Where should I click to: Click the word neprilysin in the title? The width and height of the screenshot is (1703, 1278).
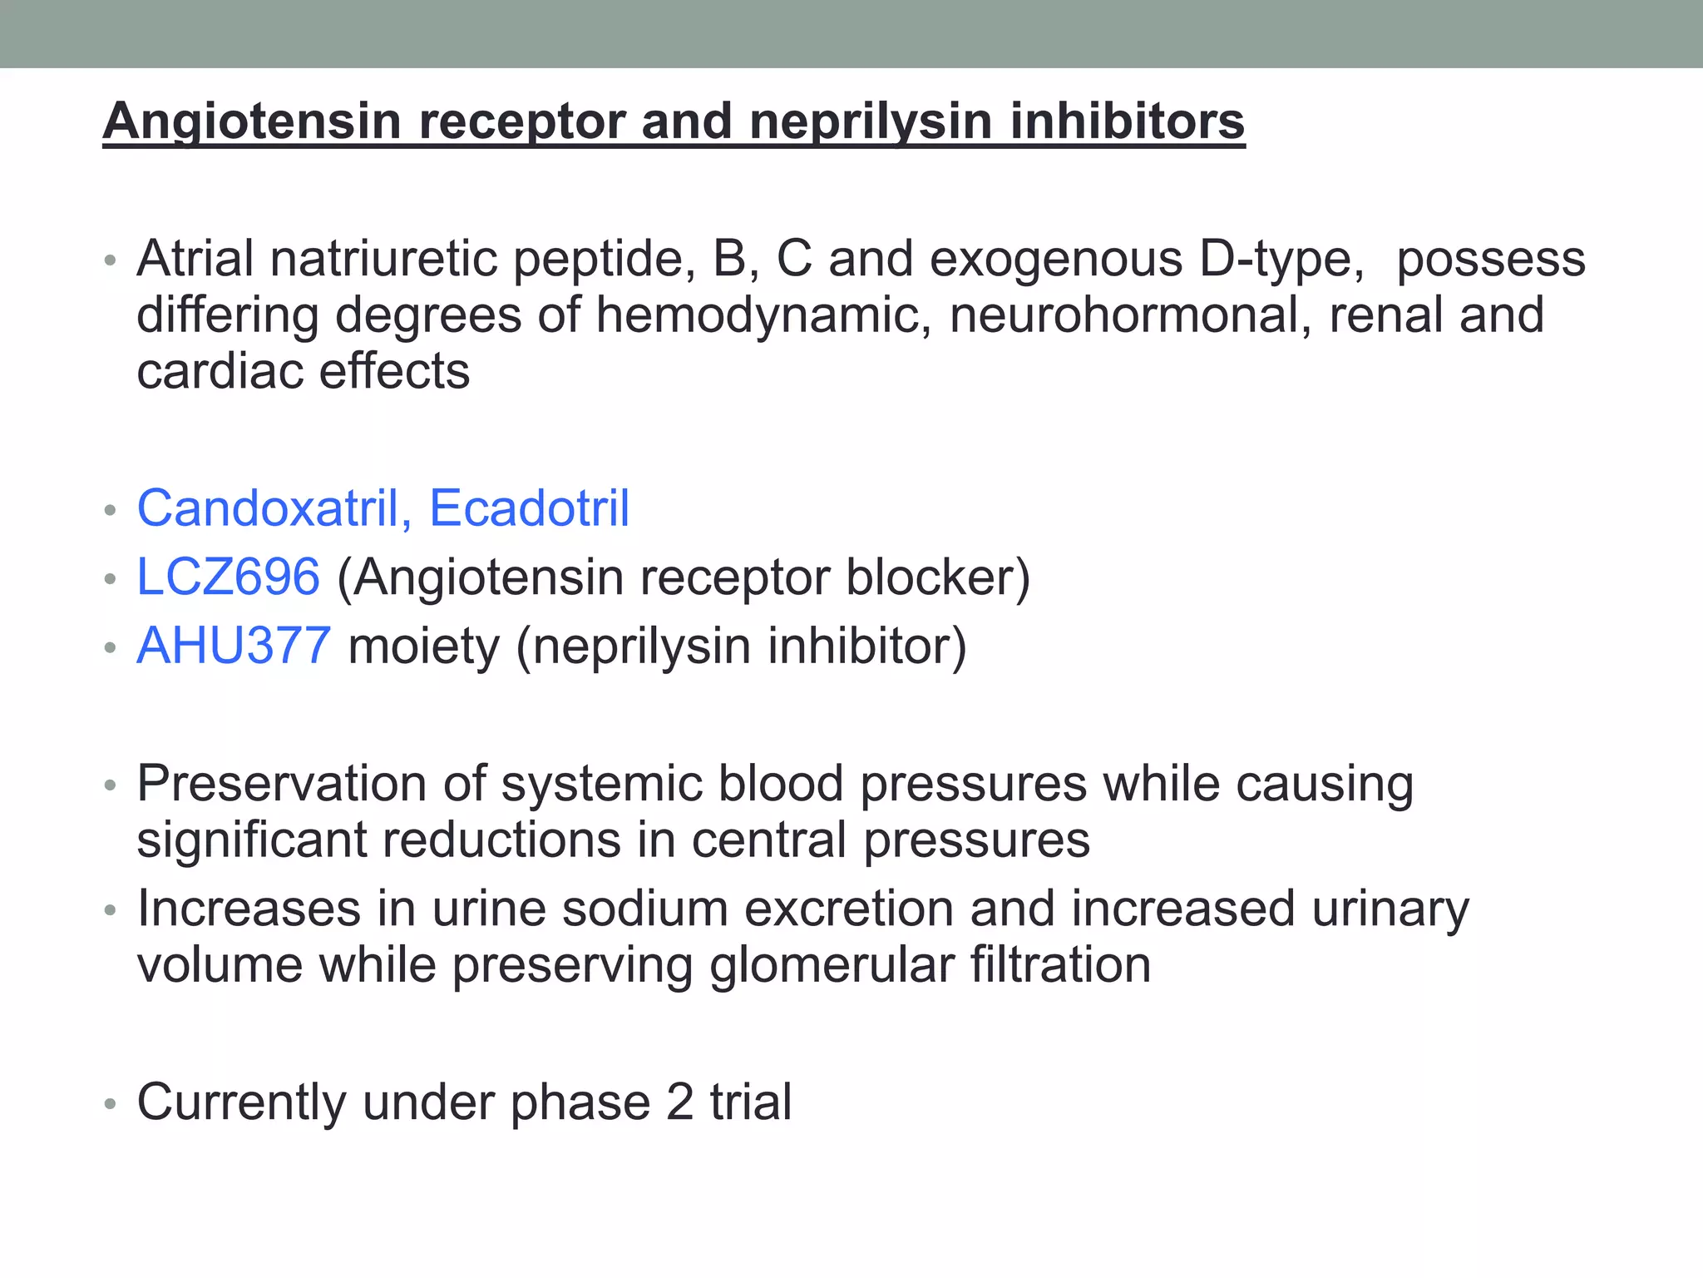click(871, 121)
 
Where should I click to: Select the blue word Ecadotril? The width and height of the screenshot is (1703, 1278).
click(529, 508)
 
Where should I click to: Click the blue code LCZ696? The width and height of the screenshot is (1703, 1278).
click(228, 577)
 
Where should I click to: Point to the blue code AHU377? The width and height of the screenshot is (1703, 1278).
click(234, 646)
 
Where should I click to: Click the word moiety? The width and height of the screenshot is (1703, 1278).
click(423, 647)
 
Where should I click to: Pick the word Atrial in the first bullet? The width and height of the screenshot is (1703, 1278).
click(195, 259)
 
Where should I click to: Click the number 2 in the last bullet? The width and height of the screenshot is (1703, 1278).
click(679, 1102)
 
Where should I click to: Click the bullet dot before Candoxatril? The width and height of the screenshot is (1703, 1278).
click(110, 510)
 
